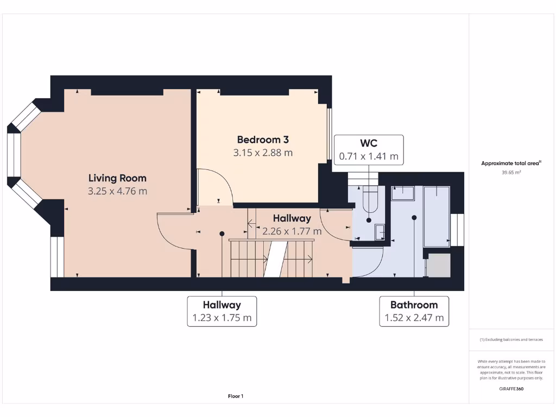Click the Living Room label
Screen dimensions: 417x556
click(117, 178)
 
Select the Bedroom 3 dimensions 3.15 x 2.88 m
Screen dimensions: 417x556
click(263, 153)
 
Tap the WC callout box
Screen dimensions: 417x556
click(369, 150)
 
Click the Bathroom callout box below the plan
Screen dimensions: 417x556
click(414, 311)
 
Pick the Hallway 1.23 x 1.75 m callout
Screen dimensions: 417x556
click(222, 311)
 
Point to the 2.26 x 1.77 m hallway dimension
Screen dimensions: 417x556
click(292, 231)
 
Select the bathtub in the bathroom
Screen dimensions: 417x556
click(437, 215)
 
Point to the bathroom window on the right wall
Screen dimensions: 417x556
click(458, 229)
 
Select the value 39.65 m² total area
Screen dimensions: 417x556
click(510, 172)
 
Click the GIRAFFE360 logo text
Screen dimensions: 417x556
click(510, 389)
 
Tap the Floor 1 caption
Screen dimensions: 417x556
click(235, 396)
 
